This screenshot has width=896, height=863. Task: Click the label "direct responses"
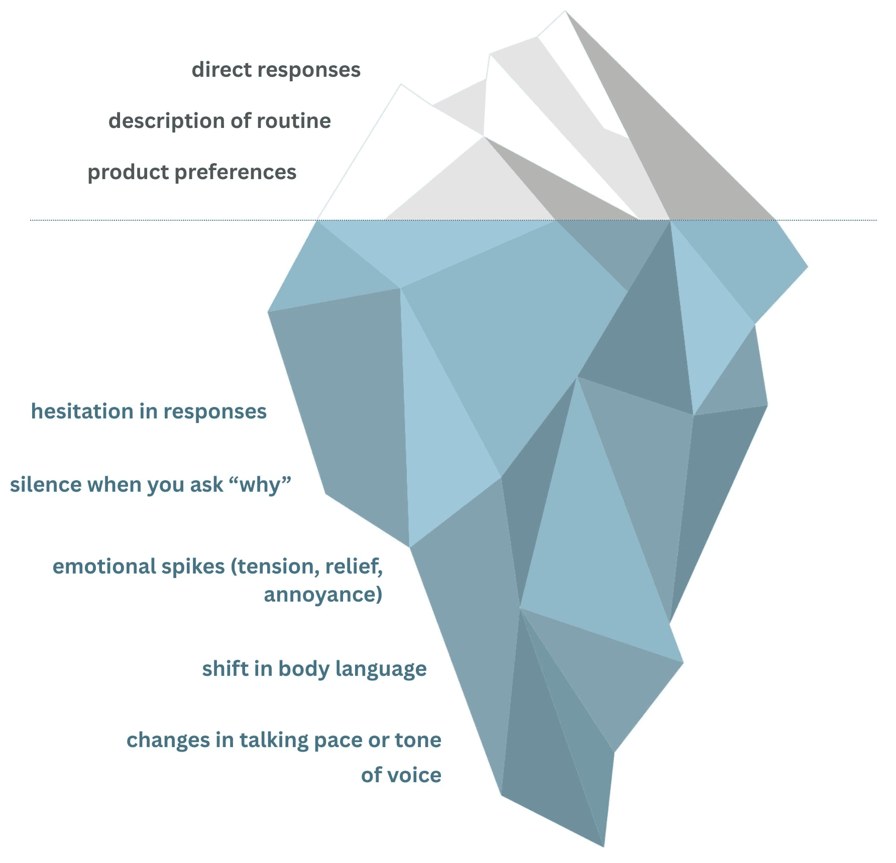coord(276,70)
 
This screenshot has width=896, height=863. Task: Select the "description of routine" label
coord(219,121)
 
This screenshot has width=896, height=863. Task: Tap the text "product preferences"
coord(192,172)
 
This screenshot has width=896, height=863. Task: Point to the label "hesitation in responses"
coord(149,411)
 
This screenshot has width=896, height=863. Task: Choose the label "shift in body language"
coord(314,669)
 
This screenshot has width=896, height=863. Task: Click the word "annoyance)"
coord(323,595)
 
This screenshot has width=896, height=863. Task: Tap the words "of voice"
coord(401,775)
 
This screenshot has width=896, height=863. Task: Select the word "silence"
coord(46,485)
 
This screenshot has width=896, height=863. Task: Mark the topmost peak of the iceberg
coord(566,12)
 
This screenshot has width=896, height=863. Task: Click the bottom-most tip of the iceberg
coord(603,846)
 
